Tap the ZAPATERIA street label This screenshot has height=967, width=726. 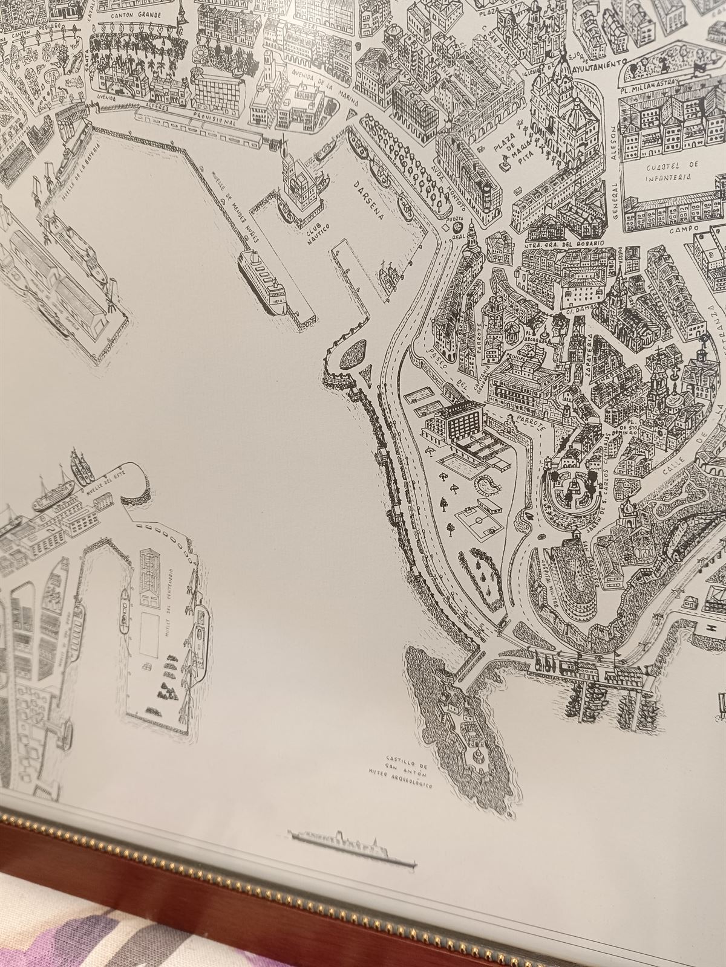click(588, 357)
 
